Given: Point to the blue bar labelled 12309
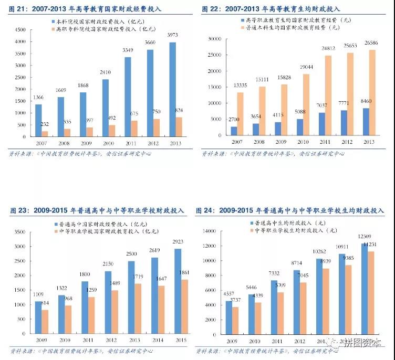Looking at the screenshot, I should click(x=364, y=289).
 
